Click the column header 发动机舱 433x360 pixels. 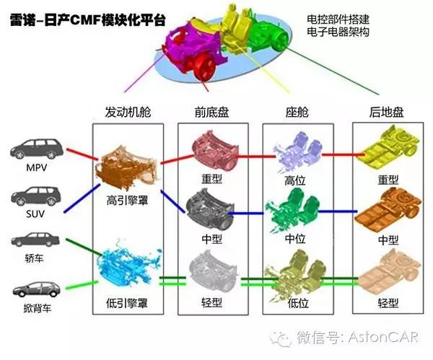tap(127, 113)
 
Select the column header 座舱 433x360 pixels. tap(297, 113)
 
